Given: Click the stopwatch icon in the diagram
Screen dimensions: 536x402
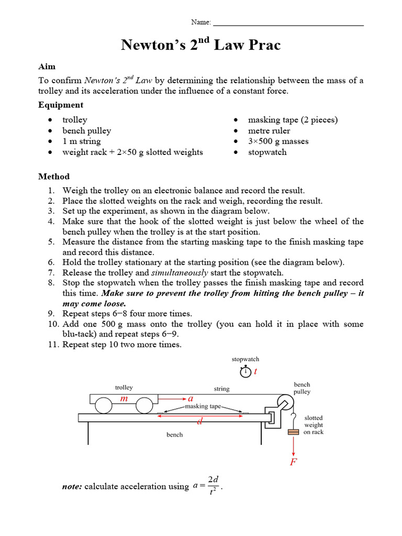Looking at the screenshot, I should click(x=245, y=372).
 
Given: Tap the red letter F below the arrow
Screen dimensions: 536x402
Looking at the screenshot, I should click(x=293, y=462).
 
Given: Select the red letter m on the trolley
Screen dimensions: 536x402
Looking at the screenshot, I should click(x=124, y=399).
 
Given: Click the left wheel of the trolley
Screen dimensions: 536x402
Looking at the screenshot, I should click(x=103, y=406).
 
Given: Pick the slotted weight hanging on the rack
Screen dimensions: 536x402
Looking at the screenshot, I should click(x=294, y=432).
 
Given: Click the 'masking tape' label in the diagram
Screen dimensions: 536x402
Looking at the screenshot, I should click(x=203, y=406).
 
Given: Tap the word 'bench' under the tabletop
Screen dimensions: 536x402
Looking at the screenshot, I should click(x=174, y=434).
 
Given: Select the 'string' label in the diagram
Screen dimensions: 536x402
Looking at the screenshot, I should click(x=221, y=389).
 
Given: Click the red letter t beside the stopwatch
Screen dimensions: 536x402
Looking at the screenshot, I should click(x=255, y=372).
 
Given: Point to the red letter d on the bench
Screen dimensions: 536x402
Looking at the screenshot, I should click(x=199, y=421).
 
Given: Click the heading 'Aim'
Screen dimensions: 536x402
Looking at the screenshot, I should click(x=47, y=66).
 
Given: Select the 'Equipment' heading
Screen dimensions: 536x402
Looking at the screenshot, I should click(x=60, y=105).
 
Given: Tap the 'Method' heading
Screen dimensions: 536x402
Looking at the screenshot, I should click(x=53, y=176).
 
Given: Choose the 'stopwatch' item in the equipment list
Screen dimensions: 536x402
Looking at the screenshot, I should click(x=267, y=152).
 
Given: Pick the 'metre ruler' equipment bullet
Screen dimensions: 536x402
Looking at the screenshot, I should click(x=269, y=130).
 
